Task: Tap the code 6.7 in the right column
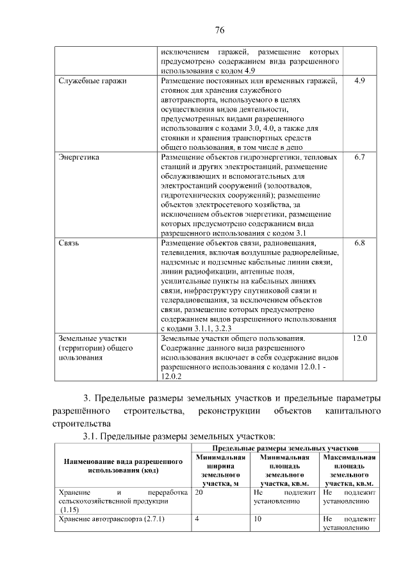coord(359,156)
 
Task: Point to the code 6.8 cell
coord(359,244)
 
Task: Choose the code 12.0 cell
coord(359,338)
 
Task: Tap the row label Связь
coord(69,244)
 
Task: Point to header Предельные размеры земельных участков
coord(285,447)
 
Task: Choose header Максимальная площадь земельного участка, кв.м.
coord(350,470)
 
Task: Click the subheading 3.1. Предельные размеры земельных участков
coord(179,436)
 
